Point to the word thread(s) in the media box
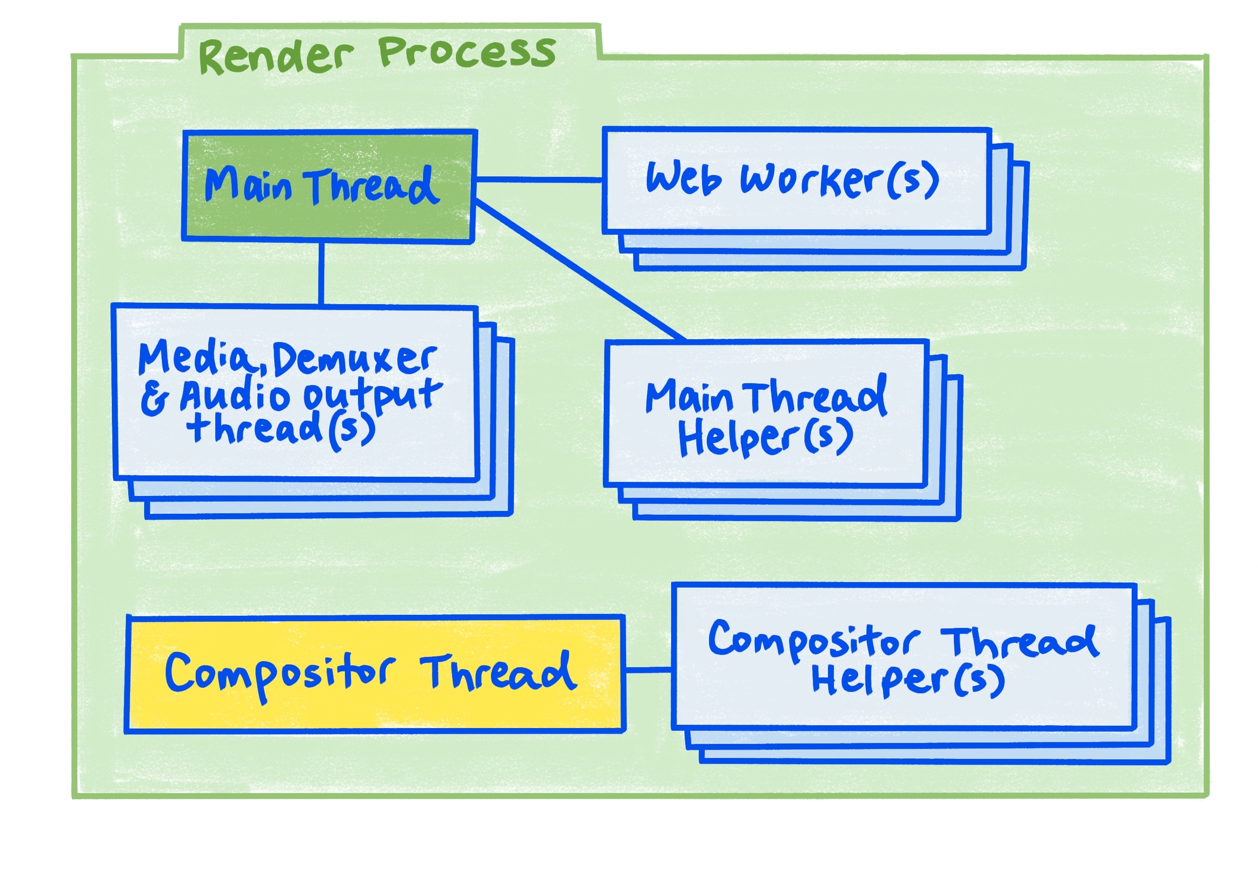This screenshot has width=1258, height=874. pyautogui.click(x=280, y=429)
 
